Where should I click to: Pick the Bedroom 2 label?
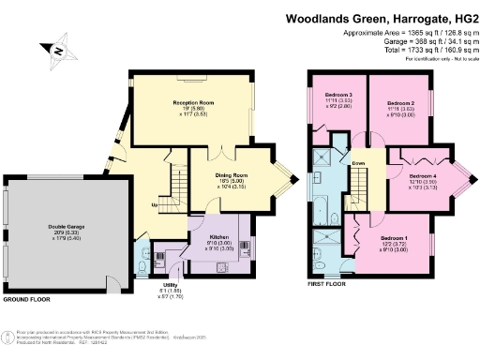(400, 102)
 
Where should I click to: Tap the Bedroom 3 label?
(338, 96)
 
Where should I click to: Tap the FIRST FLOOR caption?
(326, 281)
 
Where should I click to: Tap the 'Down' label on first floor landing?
(358, 162)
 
